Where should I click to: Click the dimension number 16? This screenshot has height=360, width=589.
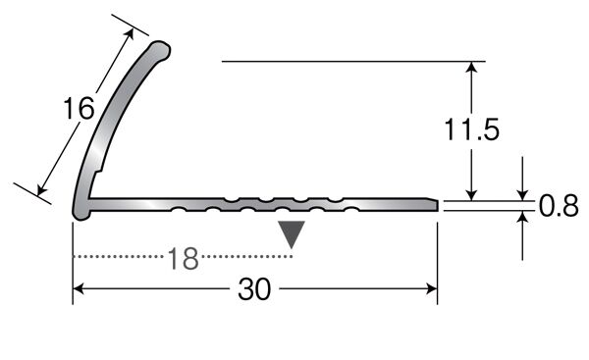click(x=79, y=108)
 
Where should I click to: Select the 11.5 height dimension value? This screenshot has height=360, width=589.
click(x=472, y=129)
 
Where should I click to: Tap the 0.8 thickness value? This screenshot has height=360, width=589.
click(x=559, y=206)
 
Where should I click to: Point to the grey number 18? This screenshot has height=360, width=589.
click(x=183, y=258)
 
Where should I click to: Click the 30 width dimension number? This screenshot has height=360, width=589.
click(x=254, y=289)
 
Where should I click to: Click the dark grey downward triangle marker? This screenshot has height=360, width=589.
click(x=292, y=234)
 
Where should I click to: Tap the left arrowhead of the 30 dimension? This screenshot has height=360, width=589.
click(x=78, y=288)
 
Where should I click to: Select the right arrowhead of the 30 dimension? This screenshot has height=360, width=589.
click(x=432, y=288)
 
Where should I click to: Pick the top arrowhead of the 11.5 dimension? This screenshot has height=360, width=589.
click(x=472, y=67)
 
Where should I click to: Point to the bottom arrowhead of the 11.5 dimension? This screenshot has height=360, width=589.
click(x=472, y=195)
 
